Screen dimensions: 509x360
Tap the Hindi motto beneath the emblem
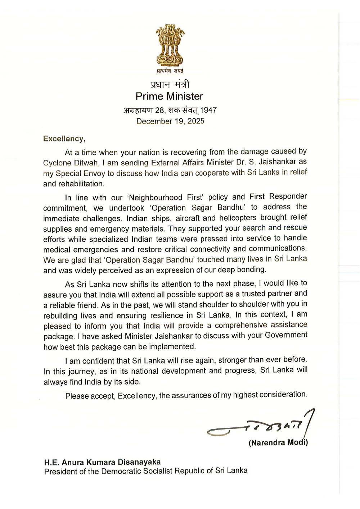tap(170, 71)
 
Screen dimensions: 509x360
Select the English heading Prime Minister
tap(169, 96)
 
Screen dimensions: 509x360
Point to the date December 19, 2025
tap(170, 121)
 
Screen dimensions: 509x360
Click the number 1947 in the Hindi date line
tap(208, 110)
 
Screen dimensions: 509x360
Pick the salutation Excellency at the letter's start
tap(64, 139)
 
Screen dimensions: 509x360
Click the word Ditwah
tap(86, 163)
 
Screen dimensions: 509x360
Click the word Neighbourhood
tap(156, 197)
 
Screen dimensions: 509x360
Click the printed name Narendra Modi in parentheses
tap(278, 442)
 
